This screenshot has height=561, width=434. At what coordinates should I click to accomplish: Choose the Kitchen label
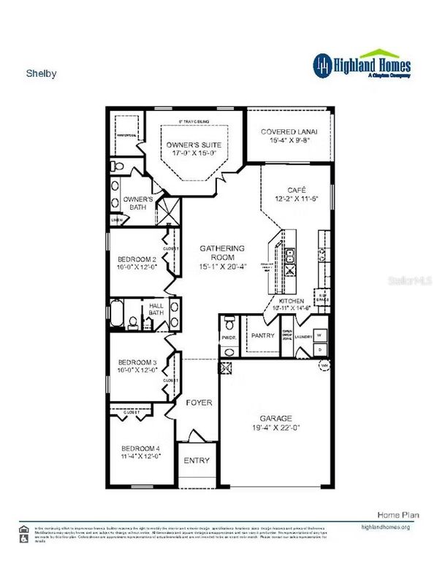291,300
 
